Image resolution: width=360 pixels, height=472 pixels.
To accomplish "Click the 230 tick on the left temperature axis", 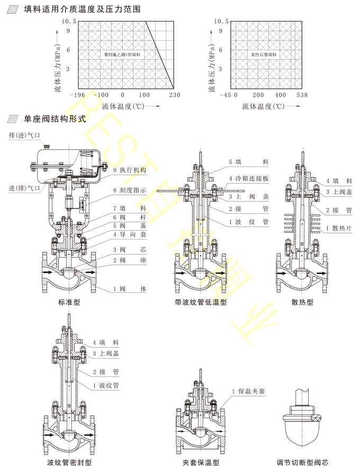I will click(174, 95).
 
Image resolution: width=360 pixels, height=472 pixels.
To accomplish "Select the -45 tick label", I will click(226, 95).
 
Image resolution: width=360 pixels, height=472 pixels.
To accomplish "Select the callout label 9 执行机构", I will click(130, 170).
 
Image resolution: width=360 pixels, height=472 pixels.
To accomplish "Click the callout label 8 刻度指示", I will click(130, 190).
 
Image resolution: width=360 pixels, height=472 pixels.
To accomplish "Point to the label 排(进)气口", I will click(24, 136).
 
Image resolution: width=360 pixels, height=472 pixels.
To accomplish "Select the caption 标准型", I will click(69, 303).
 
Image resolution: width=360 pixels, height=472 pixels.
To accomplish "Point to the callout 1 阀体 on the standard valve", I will click(130, 289).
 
